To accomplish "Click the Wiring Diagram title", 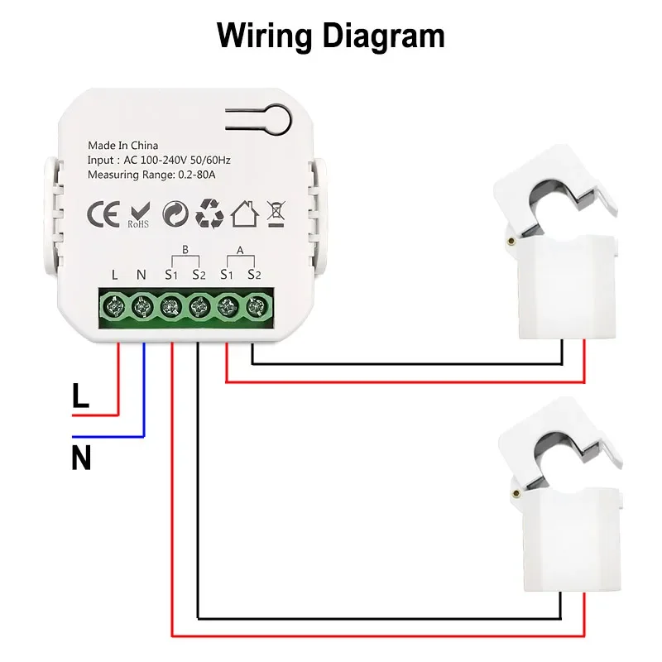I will coord(330,36).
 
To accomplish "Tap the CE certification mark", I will coord(103,213).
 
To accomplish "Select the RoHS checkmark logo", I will coord(138,214).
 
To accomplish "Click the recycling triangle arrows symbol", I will coord(209,213).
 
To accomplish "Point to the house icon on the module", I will coord(244,213).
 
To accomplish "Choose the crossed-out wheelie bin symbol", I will coord(276,213).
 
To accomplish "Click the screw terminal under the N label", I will coord(142,308).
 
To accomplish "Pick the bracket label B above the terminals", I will coord(185,248).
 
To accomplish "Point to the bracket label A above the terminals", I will coord(240,248).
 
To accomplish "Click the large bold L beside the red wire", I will coord(80,396).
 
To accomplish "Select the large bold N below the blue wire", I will coord(80,457).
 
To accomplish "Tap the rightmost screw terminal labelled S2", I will coord(253,308).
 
